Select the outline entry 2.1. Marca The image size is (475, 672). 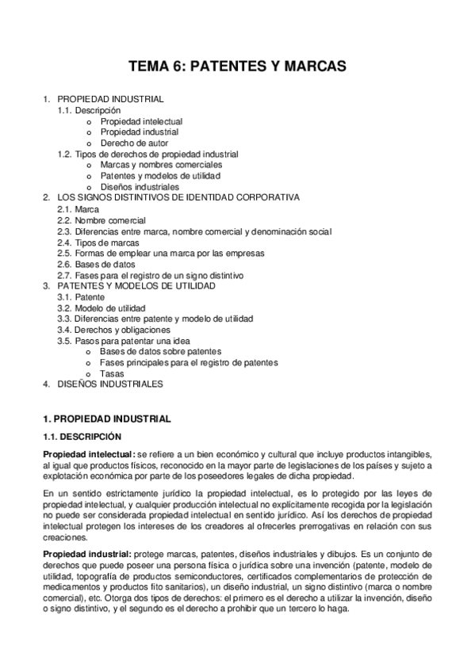pyautogui.click(x=79, y=209)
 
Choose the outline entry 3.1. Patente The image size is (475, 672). pyautogui.click(x=81, y=296)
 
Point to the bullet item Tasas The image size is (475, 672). pyautogui.click(x=112, y=373)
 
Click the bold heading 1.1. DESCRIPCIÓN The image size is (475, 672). pyautogui.click(x=82, y=436)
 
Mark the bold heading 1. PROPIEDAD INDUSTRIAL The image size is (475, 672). pyautogui.click(x=106, y=418)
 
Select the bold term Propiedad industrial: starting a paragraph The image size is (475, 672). pyautogui.click(x=87, y=552)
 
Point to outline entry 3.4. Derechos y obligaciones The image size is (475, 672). pyautogui.click(x=113, y=330)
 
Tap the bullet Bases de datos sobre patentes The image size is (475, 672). pyautogui.click(x=161, y=351)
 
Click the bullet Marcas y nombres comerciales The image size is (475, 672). pyautogui.click(x=161, y=165)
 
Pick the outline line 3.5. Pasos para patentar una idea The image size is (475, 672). pyautogui.click(x=123, y=341)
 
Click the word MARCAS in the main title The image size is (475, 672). pyautogui.click(x=312, y=67)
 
